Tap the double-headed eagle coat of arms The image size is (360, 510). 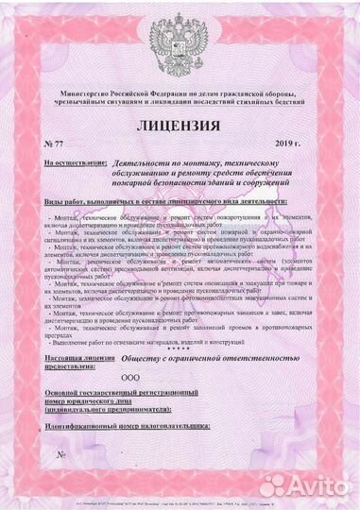click(180, 48)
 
